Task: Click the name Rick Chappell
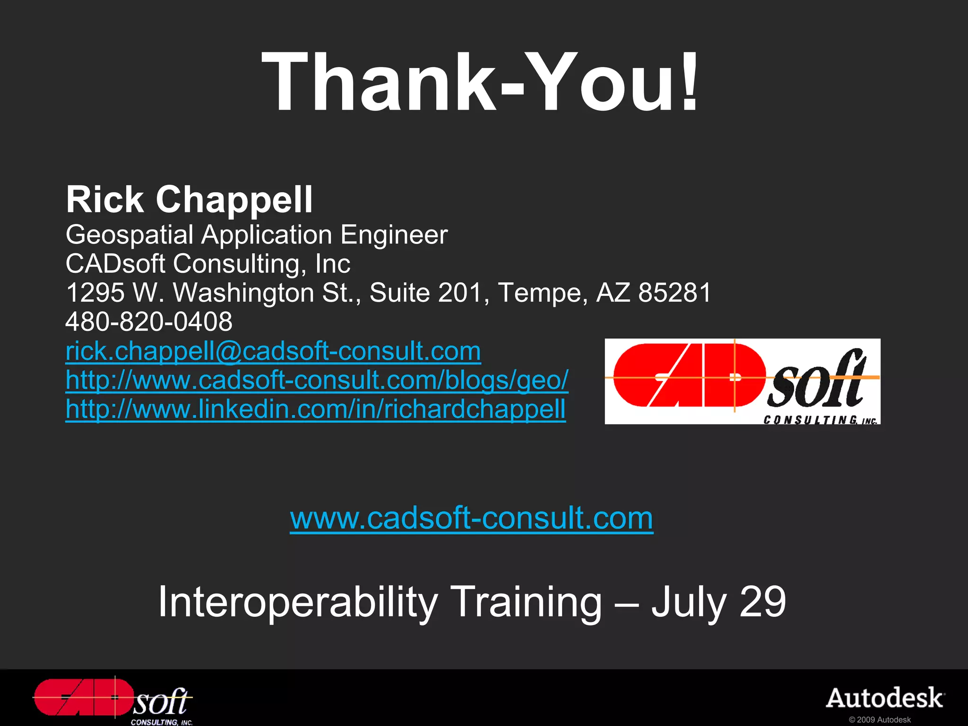click(189, 199)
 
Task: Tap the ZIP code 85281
click(674, 293)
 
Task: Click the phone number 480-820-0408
click(149, 322)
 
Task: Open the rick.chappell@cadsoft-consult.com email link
click(273, 351)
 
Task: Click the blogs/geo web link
click(317, 380)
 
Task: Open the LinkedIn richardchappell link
click(315, 409)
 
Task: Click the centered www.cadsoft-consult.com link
click(471, 518)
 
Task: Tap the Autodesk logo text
click(885, 698)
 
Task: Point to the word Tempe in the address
click(543, 293)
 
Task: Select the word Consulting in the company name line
click(239, 264)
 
